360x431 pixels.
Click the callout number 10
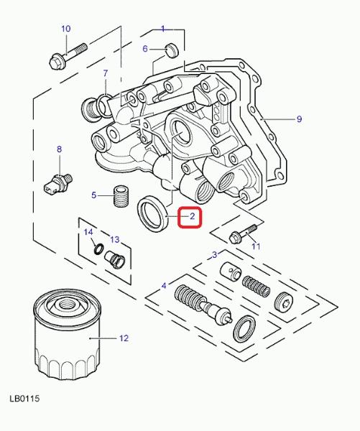pyautogui.click(x=65, y=29)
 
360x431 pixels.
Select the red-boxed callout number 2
pyautogui.click(x=192, y=216)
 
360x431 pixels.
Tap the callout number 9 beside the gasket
pyautogui.click(x=299, y=119)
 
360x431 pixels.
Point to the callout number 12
pyautogui.click(x=124, y=338)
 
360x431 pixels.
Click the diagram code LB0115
pyautogui.click(x=24, y=398)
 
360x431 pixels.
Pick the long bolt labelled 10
pyautogui.click(x=68, y=56)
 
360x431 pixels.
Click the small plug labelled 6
pyautogui.click(x=172, y=50)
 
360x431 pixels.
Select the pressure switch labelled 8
pyautogui.click(x=57, y=182)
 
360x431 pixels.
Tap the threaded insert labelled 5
pyautogui.click(x=121, y=196)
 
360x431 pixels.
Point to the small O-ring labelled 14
pyautogui.click(x=99, y=249)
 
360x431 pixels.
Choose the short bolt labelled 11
pyautogui.click(x=243, y=233)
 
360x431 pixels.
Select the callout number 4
pyautogui.click(x=164, y=286)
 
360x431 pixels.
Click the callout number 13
pyautogui.click(x=115, y=240)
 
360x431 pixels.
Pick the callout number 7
pyautogui.click(x=106, y=73)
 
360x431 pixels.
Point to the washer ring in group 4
pyautogui.click(x=244, y=329)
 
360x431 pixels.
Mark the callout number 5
pyautogui.click(x=94, y=195)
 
